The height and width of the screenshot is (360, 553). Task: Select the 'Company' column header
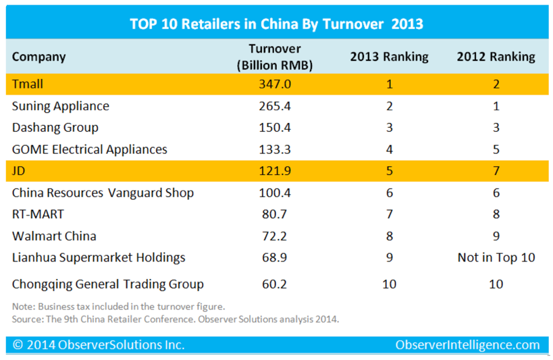39,57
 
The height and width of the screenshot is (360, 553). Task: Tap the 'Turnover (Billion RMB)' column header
275,57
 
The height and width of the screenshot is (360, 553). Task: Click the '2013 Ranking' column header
389,57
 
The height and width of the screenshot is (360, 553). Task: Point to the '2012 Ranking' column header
496,57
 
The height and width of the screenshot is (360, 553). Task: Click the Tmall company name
28,84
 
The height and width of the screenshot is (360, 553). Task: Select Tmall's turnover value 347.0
274,84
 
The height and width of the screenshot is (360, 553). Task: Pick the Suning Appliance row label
61,106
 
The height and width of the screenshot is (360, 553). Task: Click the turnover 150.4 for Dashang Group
274,128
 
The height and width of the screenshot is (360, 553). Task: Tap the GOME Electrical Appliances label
90,149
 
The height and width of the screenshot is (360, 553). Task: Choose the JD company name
18,171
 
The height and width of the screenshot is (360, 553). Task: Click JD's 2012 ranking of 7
496,171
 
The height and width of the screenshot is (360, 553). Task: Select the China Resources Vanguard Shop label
103,193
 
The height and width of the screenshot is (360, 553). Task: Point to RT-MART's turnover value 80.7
274,215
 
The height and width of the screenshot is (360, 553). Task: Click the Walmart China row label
54,236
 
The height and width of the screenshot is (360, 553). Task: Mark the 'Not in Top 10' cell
496,258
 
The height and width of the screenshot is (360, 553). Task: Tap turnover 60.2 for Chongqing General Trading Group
274,284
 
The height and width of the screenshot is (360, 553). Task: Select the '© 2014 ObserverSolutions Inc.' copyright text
98,345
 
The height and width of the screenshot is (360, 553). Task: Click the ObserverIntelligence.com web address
467,345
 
